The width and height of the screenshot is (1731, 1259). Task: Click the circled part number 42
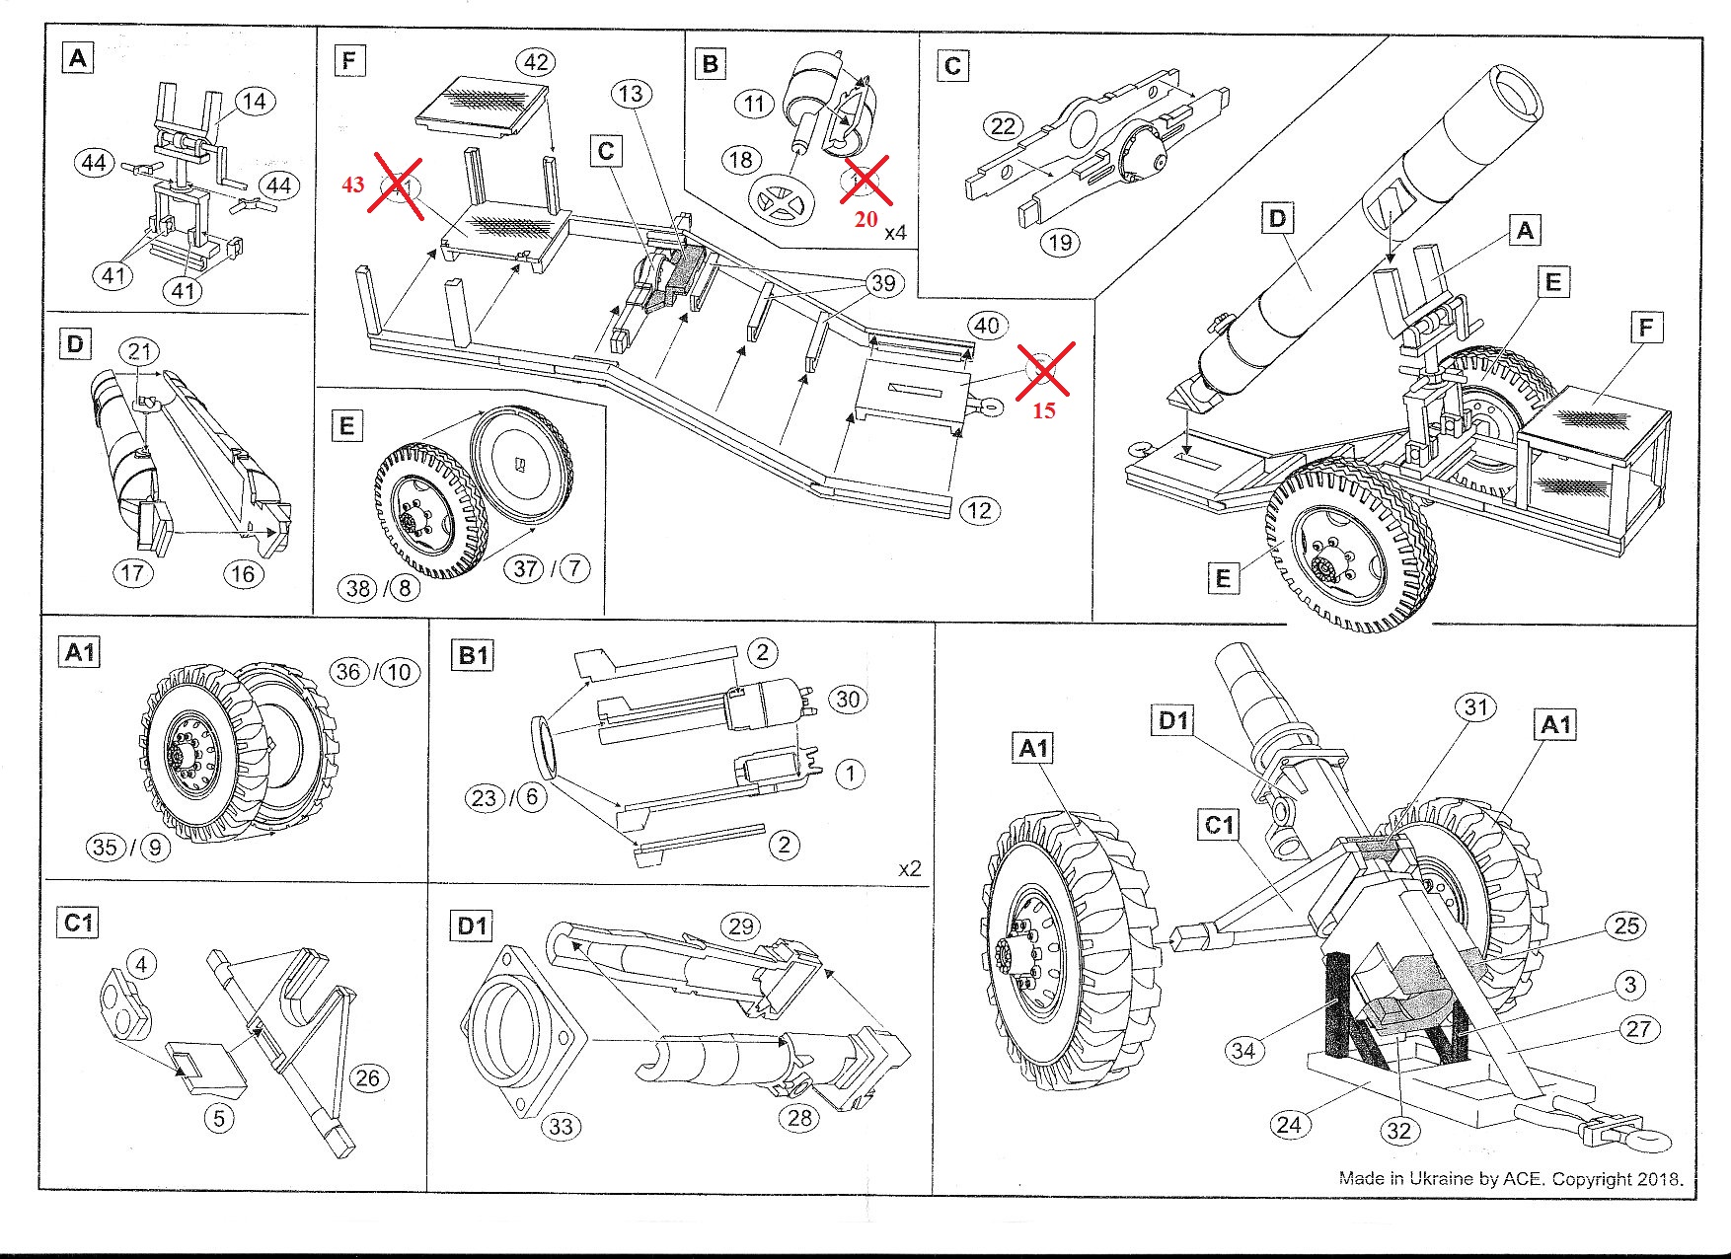(x=536, y=63)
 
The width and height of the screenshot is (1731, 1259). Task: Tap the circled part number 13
(x=632, y=95)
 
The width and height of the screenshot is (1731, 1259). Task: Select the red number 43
(x=353, y=185)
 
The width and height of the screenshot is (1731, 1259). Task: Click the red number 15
(x=1044, y=410)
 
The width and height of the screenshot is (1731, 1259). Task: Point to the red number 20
(x=865, y=219)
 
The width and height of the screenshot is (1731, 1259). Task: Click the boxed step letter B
(x=710, y=64)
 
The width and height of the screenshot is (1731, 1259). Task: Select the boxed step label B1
(x=474, y=656)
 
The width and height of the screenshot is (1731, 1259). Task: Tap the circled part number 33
(x=562, y=1127)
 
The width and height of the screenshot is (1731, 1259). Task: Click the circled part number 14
(x=255, y=102)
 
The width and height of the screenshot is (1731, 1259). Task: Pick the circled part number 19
(x=1061, y=243)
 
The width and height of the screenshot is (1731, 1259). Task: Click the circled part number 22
(x=1003, y=126)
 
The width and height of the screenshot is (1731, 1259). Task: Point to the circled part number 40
(x=987, y=326)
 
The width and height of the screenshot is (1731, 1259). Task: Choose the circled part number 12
(x=979, y=511)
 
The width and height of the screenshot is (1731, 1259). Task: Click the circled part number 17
(x=133, y=572)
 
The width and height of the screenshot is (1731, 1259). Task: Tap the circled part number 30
(x=848, y=700)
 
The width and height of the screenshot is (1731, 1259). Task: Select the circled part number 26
(x=367, y=1077)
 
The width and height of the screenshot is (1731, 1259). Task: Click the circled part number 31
(x=1475, y=707)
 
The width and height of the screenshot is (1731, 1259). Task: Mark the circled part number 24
(x=1289, y=1124)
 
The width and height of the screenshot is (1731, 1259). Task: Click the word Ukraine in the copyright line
(x=1442, y=1178)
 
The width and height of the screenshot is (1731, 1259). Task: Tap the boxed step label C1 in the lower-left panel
(x=78, y=924)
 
